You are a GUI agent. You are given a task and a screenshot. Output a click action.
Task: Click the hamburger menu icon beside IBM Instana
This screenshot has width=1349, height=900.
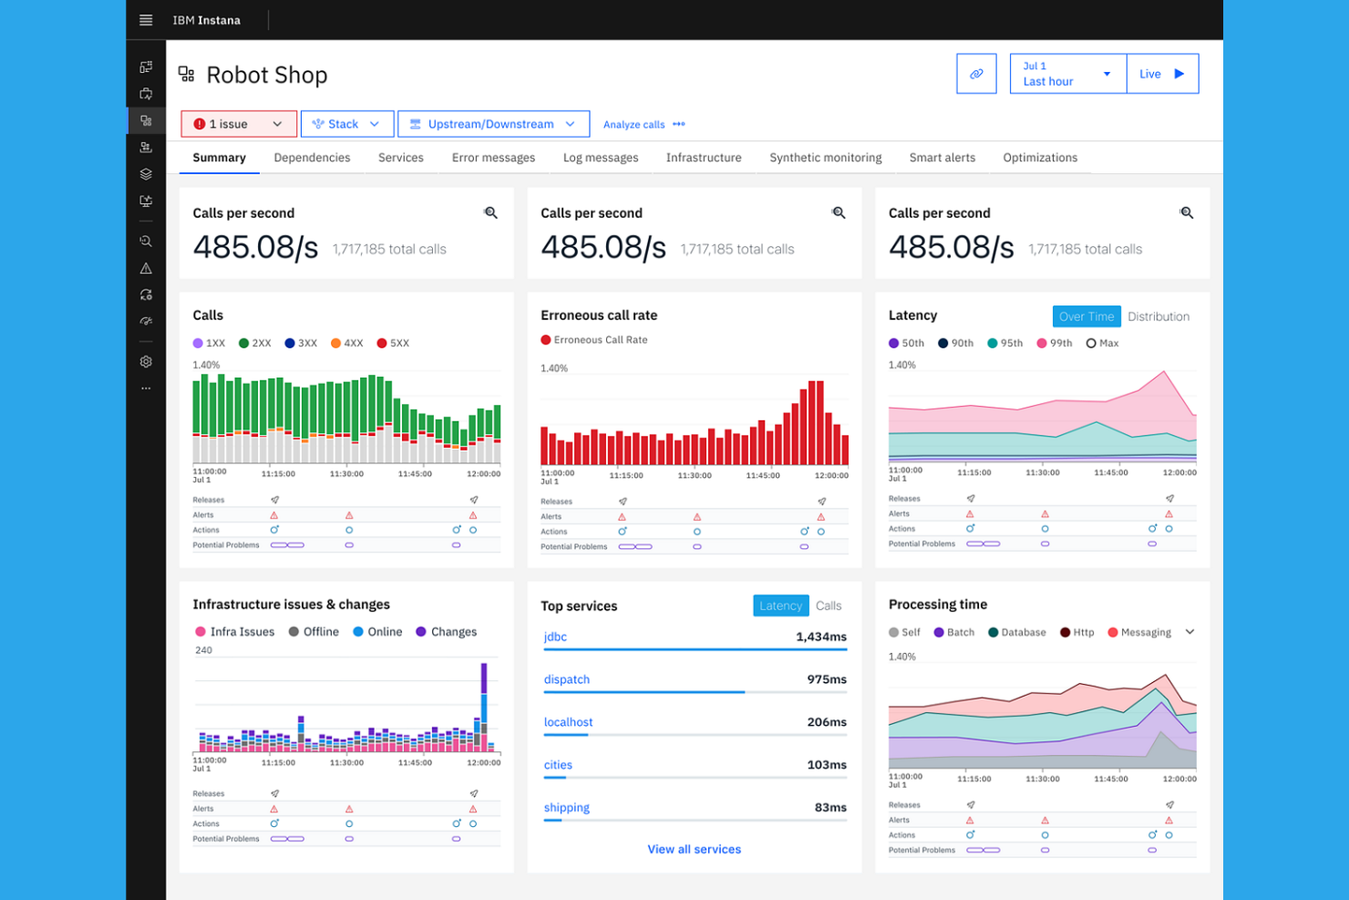[146, 20]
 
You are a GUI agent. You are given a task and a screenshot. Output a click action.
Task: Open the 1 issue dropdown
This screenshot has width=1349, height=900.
[239, 124]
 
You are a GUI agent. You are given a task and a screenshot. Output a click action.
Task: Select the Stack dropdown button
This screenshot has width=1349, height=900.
[346, 124]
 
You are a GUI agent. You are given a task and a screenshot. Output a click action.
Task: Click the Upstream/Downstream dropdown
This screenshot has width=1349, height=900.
[493, 124]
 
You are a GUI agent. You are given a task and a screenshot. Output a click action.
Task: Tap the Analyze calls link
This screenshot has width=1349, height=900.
[633, 125]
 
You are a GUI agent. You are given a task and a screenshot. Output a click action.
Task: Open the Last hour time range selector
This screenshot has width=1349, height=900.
[1067, 74]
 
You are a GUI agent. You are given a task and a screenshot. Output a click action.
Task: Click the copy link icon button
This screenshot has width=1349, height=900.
[976, 74]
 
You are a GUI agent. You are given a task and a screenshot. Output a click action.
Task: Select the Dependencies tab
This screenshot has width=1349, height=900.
[312, 158]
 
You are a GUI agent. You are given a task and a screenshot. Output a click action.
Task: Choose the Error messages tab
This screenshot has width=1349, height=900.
[493, 158]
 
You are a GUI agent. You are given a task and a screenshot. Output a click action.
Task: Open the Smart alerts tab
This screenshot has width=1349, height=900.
[942, 158]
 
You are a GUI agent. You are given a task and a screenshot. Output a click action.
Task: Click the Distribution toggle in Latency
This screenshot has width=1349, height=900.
[1158, 316]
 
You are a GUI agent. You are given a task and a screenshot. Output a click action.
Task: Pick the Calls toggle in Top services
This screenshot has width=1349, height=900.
[829, 605]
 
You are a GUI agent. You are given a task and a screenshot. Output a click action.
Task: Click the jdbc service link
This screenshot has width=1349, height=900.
[555, 636]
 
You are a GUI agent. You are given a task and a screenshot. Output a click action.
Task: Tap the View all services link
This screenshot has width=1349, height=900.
[694, 849]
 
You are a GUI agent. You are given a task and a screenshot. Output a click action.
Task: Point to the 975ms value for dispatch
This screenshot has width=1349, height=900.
[826, 679]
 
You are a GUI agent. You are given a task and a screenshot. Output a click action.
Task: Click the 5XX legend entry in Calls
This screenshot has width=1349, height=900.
[394, 343]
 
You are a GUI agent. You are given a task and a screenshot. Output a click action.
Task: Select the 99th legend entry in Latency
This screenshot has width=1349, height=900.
[1055, 343]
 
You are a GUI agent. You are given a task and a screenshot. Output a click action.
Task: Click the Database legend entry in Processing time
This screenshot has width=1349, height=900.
[1017, 632]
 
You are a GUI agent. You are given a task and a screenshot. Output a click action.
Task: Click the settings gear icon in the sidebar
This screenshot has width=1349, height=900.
[146, 362]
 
